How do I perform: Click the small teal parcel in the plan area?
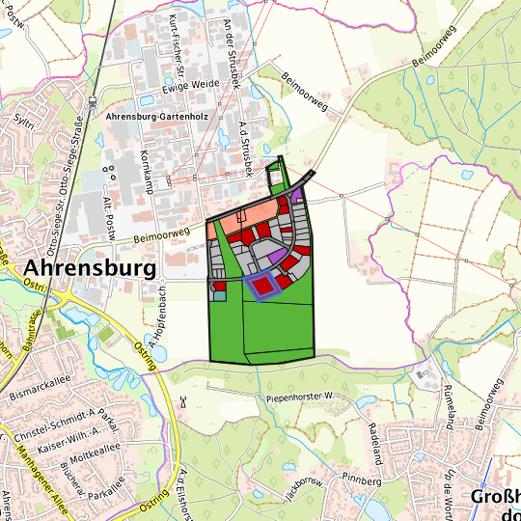(219, 295)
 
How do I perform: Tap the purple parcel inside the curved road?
(274, 256)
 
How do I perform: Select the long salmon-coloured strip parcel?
(246, 219)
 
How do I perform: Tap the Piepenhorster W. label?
(298, 397)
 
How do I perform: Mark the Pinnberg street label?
(363, 480)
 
